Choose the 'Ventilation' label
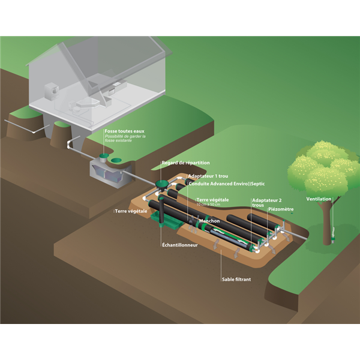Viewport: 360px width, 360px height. coord(319,199)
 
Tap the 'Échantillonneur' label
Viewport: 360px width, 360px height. coord(179,245)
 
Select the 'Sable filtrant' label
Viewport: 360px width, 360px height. coord(235,278)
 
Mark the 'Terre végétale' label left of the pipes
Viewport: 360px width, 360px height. coord(129,211)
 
